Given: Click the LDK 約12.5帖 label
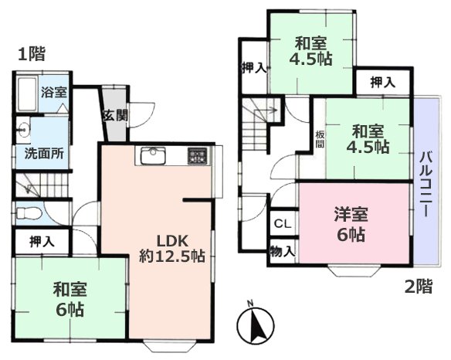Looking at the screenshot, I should [171, 248].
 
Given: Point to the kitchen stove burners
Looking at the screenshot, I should [195, 156].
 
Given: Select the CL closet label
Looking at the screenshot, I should [282, 224].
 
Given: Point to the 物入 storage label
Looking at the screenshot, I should [282, 250].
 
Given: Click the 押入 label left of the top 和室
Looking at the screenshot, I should [254, 67].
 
